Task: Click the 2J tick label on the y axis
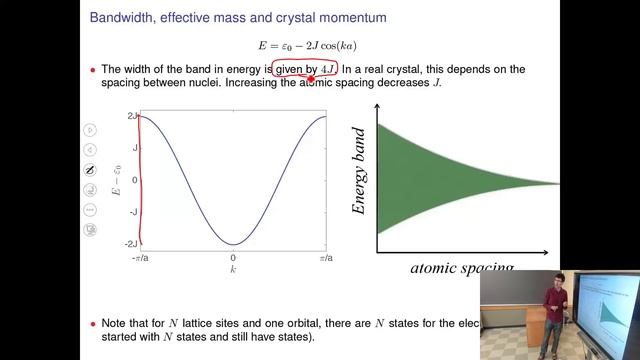[131, 117]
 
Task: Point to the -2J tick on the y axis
[130, 244]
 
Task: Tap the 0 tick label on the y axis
[134, 181]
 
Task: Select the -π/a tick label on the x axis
[139, 257]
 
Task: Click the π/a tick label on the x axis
[325, 257]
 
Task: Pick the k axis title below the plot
[232, 269]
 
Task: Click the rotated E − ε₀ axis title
[117, 180]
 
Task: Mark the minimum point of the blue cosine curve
[232, 244]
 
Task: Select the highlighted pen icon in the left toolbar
[90, 168]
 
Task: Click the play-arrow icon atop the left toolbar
[90, 128]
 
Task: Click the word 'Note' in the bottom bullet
[117, 324]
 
